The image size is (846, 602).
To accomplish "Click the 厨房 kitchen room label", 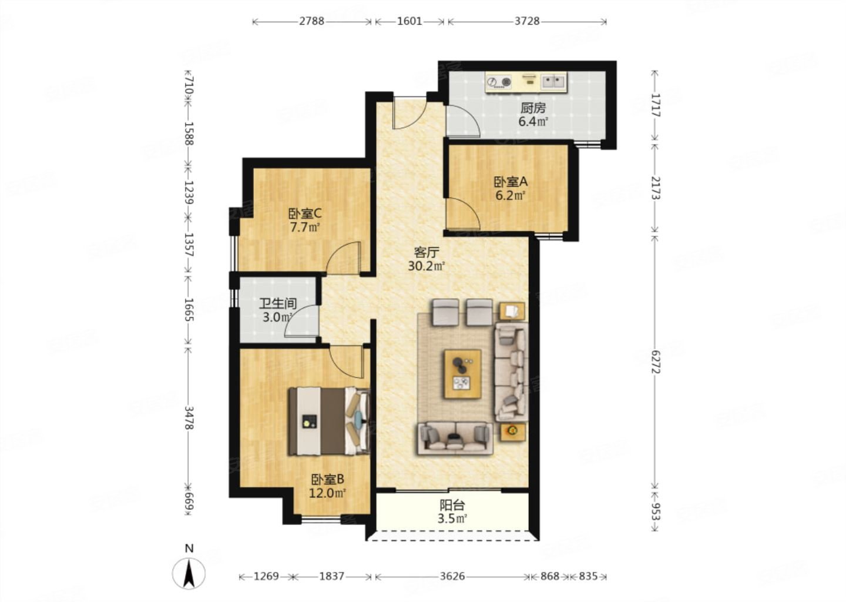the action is (533, 108).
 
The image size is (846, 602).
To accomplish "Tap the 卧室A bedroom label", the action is (511, 182).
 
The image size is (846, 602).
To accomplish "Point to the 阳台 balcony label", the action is (452, 505).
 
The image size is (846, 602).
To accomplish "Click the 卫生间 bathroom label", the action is (278, 303).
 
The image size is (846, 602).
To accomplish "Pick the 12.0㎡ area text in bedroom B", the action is (327, 493).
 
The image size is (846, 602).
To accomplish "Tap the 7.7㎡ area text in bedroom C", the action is (304, 228).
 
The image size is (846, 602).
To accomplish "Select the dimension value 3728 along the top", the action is (527, 21).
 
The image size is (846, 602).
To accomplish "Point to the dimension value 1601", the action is (409, 21).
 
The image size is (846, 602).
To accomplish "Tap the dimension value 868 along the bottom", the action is (549, 576).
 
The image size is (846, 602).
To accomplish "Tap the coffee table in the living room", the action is (463, 374).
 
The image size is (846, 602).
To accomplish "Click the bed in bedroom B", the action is (328, 421).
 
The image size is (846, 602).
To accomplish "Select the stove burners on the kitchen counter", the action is (499, 82).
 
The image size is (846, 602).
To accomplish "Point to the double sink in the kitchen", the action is (553, 81).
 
